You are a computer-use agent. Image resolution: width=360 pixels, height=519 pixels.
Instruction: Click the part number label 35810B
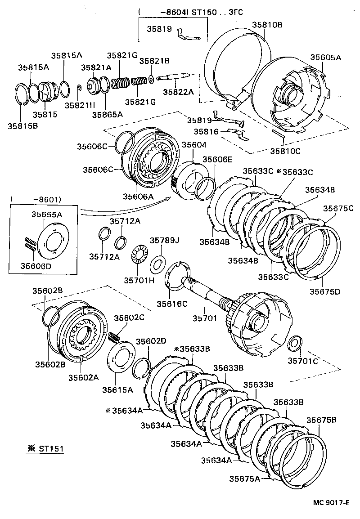click(x=267, y=25)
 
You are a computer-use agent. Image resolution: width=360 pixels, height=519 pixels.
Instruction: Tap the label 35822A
click(x=178, y=92)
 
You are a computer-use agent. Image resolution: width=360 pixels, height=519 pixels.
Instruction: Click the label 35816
click(x=206, y=132)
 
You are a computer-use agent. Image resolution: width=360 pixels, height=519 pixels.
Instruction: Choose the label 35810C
click(x=285, y=151)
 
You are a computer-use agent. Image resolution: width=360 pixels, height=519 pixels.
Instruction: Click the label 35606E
click(x=217, y=160)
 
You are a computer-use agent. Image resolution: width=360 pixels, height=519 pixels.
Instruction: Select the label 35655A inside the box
click(x=46, y=215)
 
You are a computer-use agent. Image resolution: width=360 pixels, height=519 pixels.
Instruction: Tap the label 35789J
click(x=165, y=240)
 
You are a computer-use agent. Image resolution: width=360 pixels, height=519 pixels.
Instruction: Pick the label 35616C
click(x=172, y=304)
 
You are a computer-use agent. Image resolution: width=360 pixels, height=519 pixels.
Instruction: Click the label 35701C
click(x=303, y=360)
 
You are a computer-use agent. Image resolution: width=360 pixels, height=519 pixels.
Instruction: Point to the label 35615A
click(x=117, y=389)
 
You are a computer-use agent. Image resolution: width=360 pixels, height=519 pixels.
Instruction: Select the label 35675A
click(x=245, y=479)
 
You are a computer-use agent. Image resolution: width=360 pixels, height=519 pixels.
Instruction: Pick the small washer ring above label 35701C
click(x=295, y=343)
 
